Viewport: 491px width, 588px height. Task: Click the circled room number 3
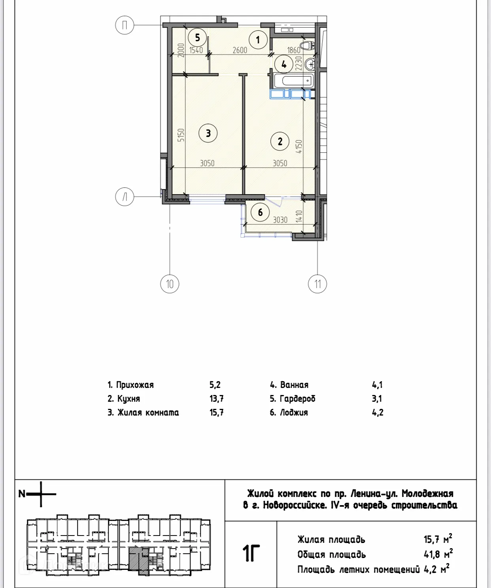[x=208, y=133]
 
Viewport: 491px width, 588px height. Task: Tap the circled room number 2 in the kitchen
[x=280, y=141]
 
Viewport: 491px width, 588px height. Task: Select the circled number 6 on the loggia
[x=260, y=212]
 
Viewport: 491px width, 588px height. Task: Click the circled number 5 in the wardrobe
[x=197, y=38]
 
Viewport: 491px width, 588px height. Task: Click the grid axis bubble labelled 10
[x=170, y=284]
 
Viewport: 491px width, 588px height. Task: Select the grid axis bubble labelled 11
[x=317, y=284]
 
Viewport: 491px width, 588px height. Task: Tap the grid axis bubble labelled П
[x=125, y=26]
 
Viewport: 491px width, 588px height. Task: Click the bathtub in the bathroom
[x=293, y=81]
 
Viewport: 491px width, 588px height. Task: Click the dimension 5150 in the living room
[x=181, y=135]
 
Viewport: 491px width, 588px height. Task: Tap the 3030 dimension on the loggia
[x=280, y=220]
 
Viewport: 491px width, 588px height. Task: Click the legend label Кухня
[x=128, y=399]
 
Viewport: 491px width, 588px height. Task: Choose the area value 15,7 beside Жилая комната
[x=217, y=412]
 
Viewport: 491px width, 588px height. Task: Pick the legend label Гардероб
[x=297, y=399]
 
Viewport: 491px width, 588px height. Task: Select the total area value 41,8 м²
[x=438, y=554]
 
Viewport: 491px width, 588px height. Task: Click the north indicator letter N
[x=22, y=494]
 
